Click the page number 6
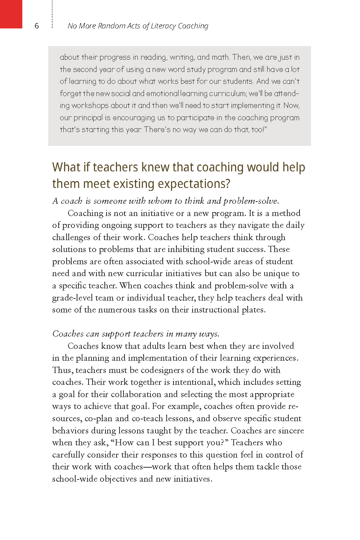point(36,26)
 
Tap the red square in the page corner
point(11,14)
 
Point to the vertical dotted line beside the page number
point(53,14)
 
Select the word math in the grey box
point(220,57)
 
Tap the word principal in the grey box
point(88,118)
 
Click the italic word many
point(186,334)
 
